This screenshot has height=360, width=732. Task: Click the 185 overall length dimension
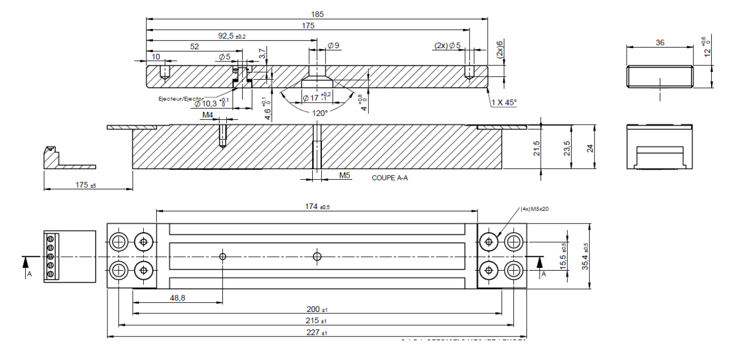coord(317,14)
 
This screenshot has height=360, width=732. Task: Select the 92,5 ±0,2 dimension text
coord(229,36)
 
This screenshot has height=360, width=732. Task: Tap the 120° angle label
coord(320,113)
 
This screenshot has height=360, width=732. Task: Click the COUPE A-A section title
coord(390,178)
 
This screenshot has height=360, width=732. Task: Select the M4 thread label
coord(207,115)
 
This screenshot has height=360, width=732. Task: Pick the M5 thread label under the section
coord(344,175)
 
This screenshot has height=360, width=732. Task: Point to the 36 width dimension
coord(660,43)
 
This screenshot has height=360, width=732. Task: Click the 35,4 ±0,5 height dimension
coord(587,256)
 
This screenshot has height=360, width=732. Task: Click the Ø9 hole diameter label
coord(334,46)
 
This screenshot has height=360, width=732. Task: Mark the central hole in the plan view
coord(317,256)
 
